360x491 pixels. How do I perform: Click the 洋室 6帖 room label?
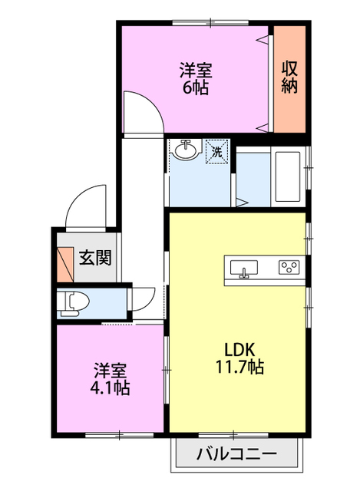click(x=196, y=78)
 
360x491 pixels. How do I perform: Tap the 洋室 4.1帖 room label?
click(x=110, y=379)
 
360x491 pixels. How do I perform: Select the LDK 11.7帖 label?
click(x=239, y=358)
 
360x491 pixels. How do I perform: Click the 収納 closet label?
click(x=289, y=77)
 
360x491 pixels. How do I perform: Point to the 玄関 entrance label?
click(x=95, y=258)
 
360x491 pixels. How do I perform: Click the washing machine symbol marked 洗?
click(x=216, y=152)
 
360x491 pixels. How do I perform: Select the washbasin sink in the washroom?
click(x=186, y=150)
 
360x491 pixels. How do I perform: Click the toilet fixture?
click(x=73, y=304)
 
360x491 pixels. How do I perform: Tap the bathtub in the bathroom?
click(x=288, y=176)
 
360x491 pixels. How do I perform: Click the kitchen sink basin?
click(x=244, y=268)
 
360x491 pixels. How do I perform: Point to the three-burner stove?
click(x=289, y=268)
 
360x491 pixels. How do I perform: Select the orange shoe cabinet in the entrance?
click(x=65, y=265)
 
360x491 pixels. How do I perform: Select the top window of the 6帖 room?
click(x=210, y=22)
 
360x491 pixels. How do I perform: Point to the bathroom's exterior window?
click(x=309, y=168)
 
